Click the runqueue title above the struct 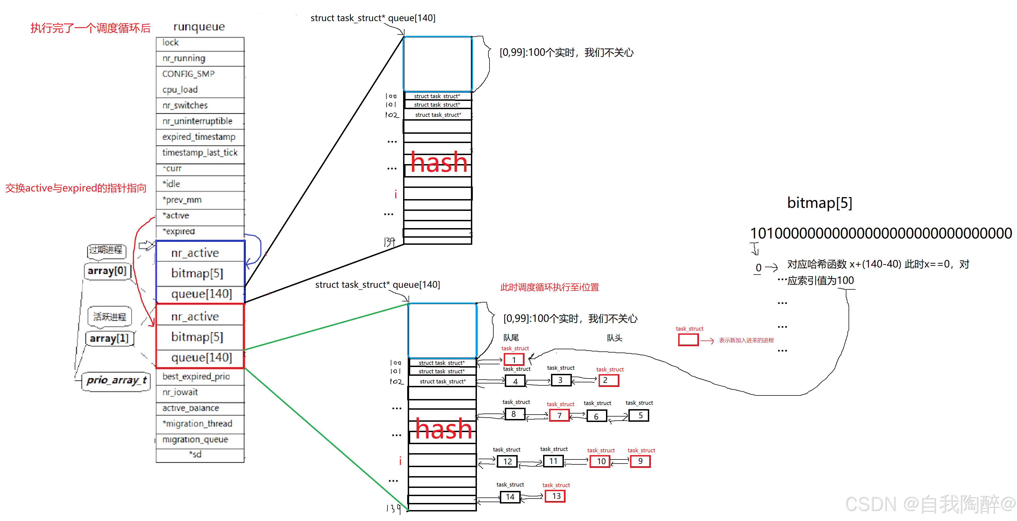[199, 27]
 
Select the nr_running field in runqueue [184, 59]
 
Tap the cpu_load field [180, 90]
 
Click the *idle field [171, 184]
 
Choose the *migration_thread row [197, 424]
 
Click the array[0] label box [107, 271]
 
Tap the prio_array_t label [116, 380]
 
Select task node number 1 [514, 360]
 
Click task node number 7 [560, 415]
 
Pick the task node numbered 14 [510, 497]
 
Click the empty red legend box [688, 340]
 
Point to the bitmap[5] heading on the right [820, 203]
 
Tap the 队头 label [614, 338]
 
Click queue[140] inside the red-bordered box [201, 358]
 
